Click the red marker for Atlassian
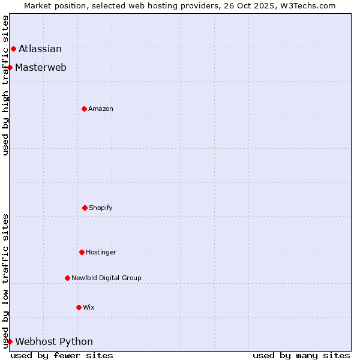tap(13, 49)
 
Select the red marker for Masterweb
tap(10, 67)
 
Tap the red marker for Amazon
tap(84, 109)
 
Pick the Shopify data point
tap(85, 208)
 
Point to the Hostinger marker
tap(82, 252)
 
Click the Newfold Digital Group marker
tap(67, 278)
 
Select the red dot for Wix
tap(79, 307)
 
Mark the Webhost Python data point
tap(10, 341)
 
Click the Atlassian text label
tap(40, 49)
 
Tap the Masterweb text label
tap(41, 67)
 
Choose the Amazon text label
tap(101, 109)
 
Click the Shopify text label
tap(101, 208)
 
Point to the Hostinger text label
tap(101, 252)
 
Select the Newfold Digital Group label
tap(106, 278)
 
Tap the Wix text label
tap(89, 307)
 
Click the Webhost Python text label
tap(54, 341)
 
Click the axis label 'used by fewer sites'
tap(62, 355)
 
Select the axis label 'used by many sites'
tap(301, 355)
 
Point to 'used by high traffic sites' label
tap(5, 85)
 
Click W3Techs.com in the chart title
tap(305, 5)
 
